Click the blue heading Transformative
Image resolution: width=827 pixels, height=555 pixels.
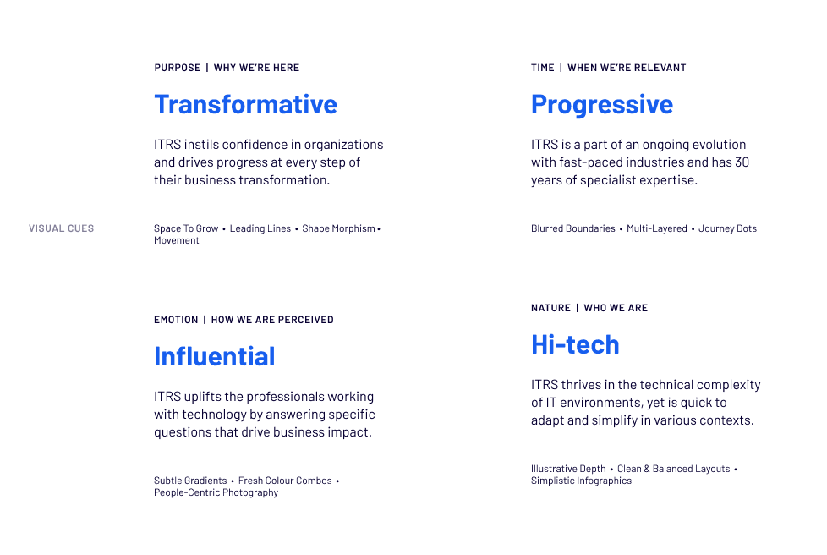point(245,104)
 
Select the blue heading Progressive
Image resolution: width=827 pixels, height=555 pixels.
point(602,104)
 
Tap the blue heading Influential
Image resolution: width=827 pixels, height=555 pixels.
point(215,356)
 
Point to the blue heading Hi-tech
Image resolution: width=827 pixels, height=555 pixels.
point(575,344)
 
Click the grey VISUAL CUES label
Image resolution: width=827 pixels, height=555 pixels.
point(61,228)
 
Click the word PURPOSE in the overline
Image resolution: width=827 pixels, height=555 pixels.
point(178,68)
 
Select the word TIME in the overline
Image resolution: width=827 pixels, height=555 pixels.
point(543,68)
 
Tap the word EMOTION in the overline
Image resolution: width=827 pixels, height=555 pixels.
point(176,320)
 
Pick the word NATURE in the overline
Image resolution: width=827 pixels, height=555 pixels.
point(550,308)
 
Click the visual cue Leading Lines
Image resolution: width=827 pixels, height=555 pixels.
point(260,228)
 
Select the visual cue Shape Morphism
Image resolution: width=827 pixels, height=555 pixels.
point(338,228)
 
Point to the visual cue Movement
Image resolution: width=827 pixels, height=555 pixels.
point(177,240)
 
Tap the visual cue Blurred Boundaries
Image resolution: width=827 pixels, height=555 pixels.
point(573,228)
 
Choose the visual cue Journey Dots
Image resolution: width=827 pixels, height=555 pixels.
point(727,228)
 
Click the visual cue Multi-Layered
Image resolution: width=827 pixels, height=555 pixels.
point(657,228)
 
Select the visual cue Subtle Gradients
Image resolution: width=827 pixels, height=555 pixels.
point(190,481)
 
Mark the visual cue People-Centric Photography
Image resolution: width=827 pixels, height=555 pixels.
point(216,492)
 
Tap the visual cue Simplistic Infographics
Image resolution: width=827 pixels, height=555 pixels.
point(581,481)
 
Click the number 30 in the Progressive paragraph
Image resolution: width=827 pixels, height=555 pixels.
point(742,162)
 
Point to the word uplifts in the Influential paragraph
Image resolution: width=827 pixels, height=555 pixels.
point(205,397)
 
